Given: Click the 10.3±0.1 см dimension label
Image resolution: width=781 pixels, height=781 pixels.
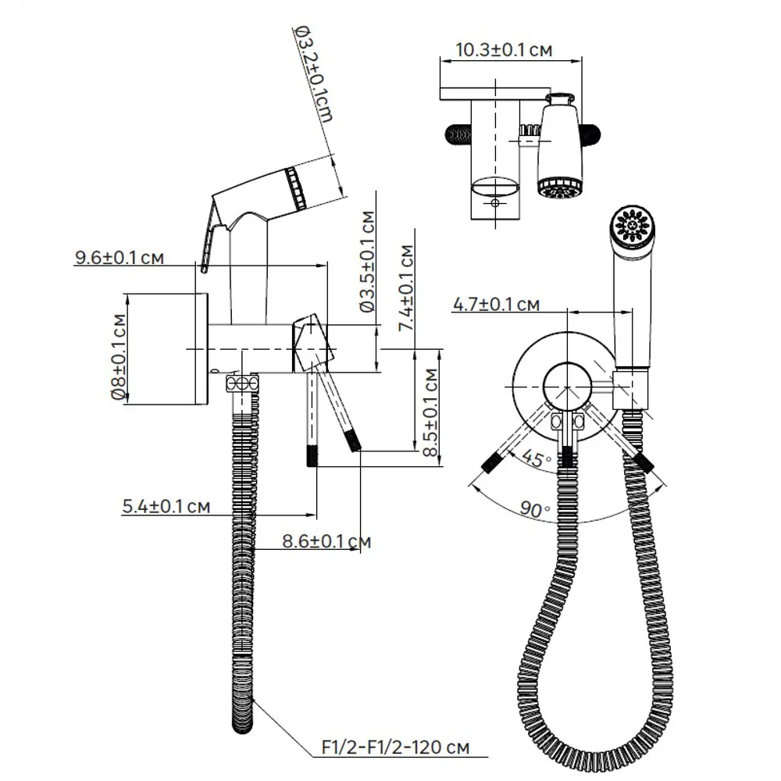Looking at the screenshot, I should pyautogui.click(x=503, y=50).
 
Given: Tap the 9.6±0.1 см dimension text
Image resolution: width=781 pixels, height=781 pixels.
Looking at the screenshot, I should pyautogui.click(x=119, y=258).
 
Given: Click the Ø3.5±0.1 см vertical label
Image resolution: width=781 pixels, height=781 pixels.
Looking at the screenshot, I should pyautogui.click(x=368, y=262).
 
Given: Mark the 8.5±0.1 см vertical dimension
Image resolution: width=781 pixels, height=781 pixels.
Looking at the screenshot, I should pyautogui.click(x=430, y=410).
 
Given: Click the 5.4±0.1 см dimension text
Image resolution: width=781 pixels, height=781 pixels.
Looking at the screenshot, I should pyautogui.click(x=166, y=507).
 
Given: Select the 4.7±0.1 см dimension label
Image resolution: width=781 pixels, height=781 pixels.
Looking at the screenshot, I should pyautogui.click(x=497, y=304).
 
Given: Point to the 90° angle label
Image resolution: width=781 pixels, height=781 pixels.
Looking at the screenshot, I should pyautogui.click(x=536, y=510).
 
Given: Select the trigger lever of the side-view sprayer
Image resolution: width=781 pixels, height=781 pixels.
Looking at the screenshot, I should pyautogui.click(x=209, y=234).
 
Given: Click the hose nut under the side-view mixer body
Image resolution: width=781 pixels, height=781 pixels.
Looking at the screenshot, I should pyautogui.click(x=242, y=383).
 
